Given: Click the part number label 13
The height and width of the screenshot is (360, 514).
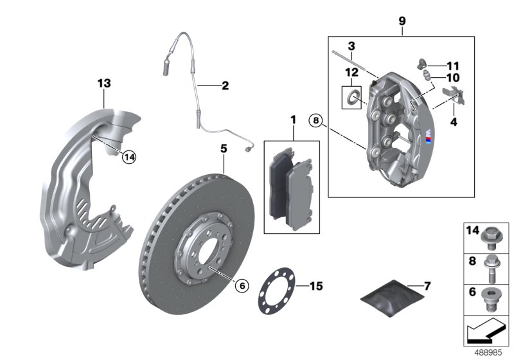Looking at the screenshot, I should click(x=104, y=83).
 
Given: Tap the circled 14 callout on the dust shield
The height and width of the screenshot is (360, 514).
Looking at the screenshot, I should click(x=129, y=156).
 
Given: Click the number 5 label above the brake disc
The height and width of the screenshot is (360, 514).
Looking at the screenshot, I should click(x=224, y=148).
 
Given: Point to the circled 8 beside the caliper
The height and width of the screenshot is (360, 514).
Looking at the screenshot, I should click(x=315, y=119).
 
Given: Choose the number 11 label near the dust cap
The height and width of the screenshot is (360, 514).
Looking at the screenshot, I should click(x=454, y=66).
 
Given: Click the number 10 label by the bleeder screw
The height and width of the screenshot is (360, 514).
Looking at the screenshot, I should click(x=454, y=77).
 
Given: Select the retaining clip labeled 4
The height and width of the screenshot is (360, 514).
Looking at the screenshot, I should click(x=458, y=96).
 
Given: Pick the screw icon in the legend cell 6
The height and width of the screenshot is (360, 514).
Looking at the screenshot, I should click(x=493, y=299).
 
